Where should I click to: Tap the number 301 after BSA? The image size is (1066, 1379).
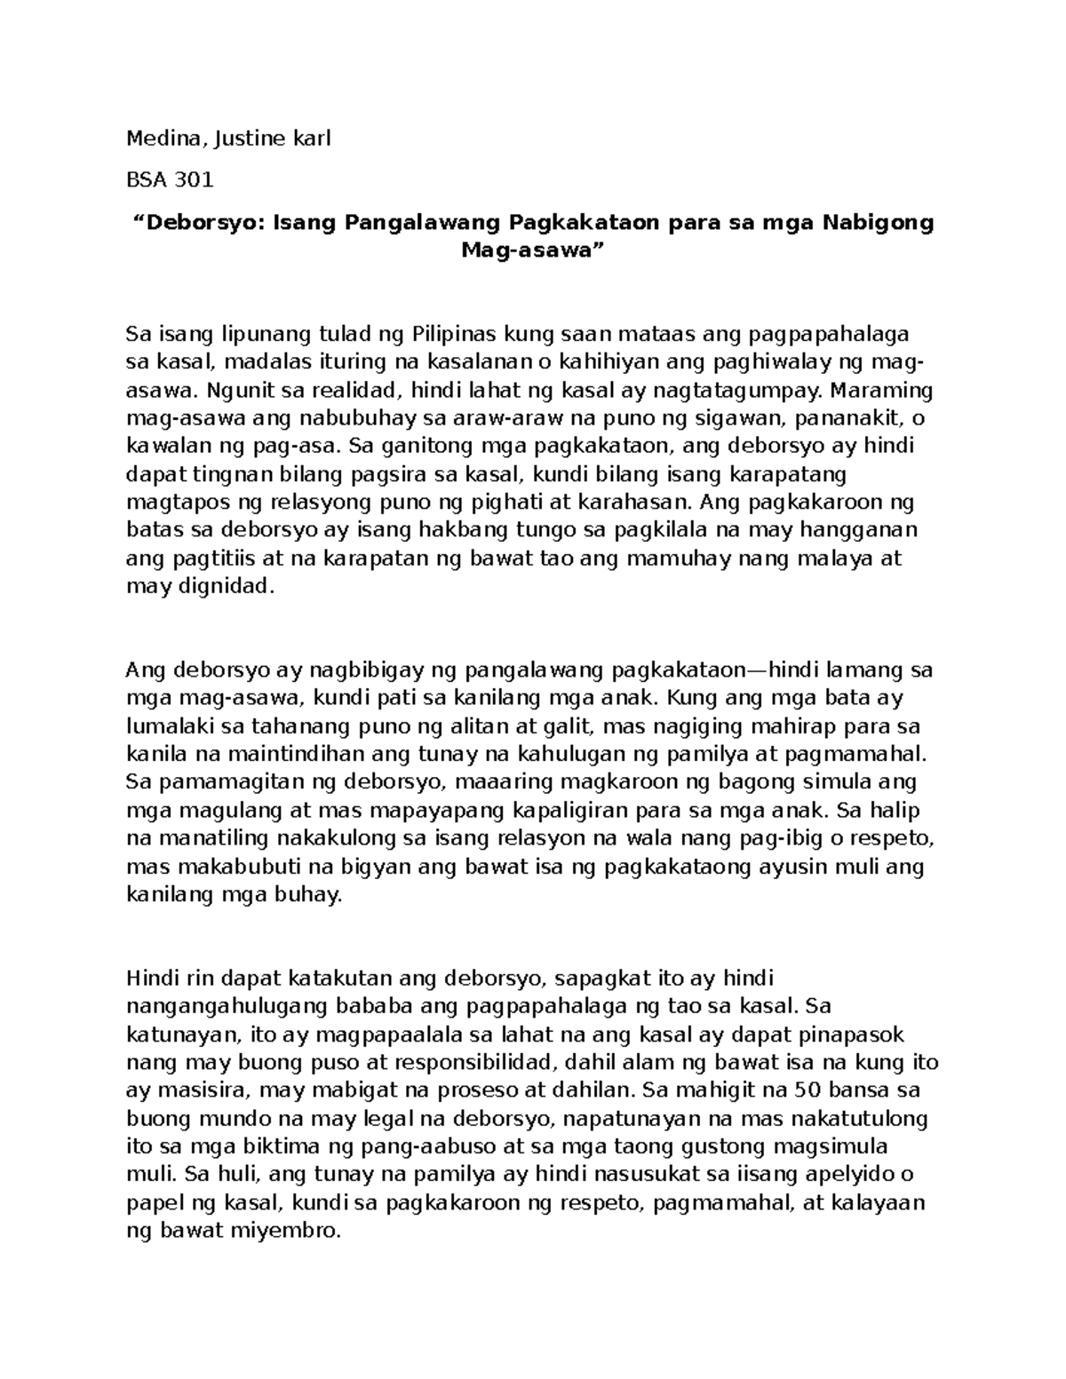pyautogui.click(x=194, y=180)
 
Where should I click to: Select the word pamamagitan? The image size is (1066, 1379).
pyautogui.click(x=232, y=783)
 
